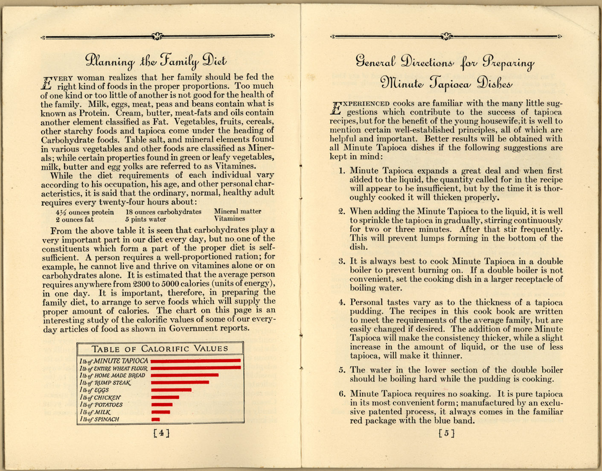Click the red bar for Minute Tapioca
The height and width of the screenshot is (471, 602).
coord(195,361)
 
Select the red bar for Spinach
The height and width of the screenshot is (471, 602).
coord(156,419)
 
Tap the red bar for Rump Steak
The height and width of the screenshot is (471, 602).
coord(180,383)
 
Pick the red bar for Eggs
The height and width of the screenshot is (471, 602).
coord(171,390)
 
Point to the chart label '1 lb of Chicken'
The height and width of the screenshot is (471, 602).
coord(100,398)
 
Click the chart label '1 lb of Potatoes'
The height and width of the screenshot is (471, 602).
coord(101,405)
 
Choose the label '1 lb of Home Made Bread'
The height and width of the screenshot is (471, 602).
coord(112,375)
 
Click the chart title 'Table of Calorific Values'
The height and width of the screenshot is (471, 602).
coord(160,349)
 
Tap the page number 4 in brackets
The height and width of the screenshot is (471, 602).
coord(161,433)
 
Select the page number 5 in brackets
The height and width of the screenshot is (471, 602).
coord(446,433)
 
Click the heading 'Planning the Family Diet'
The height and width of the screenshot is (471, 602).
coord(156,61)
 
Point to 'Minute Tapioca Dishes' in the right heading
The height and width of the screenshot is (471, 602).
coord(446,82)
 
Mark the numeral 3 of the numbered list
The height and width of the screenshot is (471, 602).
coord(342,262)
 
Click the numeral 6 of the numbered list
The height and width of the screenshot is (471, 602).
coord(342,394)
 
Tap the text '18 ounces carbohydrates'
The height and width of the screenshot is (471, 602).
coord(163,212)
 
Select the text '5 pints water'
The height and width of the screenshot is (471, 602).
coord(145,219)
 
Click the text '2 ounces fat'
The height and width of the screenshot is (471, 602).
coord(74,220)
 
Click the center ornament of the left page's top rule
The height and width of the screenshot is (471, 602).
coord(157,37)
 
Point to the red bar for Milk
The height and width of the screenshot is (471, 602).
coord(161,412)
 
